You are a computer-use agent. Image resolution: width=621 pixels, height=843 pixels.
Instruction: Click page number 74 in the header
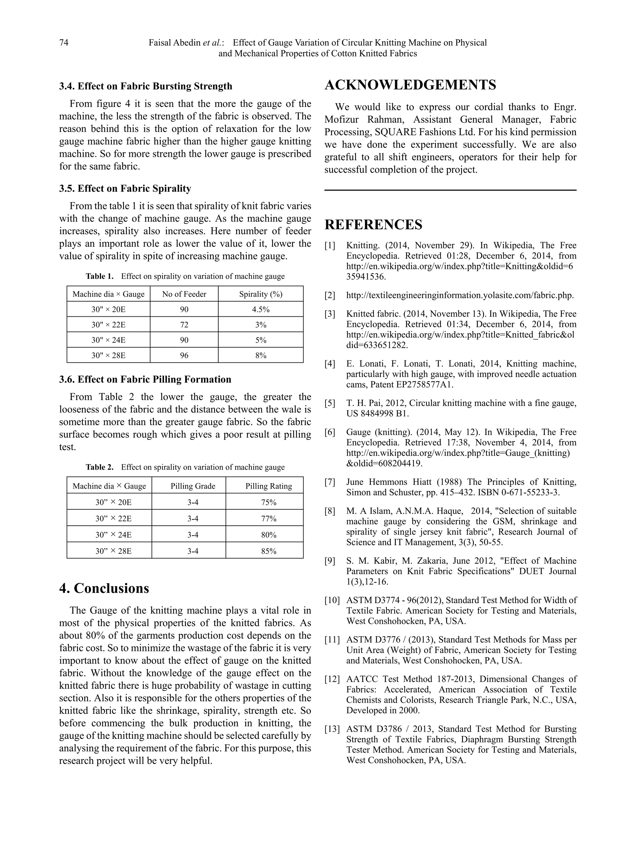click(64, 42)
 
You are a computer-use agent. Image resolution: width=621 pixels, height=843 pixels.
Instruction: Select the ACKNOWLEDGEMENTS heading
click(410, 85)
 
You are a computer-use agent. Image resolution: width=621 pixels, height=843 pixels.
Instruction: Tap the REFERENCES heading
click(373, 224)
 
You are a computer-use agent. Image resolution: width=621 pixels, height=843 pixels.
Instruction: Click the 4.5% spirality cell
click(260, 309)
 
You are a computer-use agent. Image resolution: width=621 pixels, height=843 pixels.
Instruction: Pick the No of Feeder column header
click(184, 294)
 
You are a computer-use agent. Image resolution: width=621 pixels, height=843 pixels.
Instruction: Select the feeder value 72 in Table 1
click(184, 325)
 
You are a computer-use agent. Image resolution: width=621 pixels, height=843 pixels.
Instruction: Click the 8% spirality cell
click(260, 355)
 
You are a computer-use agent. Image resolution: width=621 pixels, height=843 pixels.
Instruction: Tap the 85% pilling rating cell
click(269, 551)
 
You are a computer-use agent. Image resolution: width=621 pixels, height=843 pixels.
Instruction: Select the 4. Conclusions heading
click(104, 588)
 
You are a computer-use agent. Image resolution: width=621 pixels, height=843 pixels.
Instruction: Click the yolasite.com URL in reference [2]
click(460, 295)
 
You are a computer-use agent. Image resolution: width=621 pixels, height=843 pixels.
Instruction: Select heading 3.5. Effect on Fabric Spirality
click(125, 188)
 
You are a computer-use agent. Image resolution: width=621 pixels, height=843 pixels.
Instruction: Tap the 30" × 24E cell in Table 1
click(108, 340)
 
